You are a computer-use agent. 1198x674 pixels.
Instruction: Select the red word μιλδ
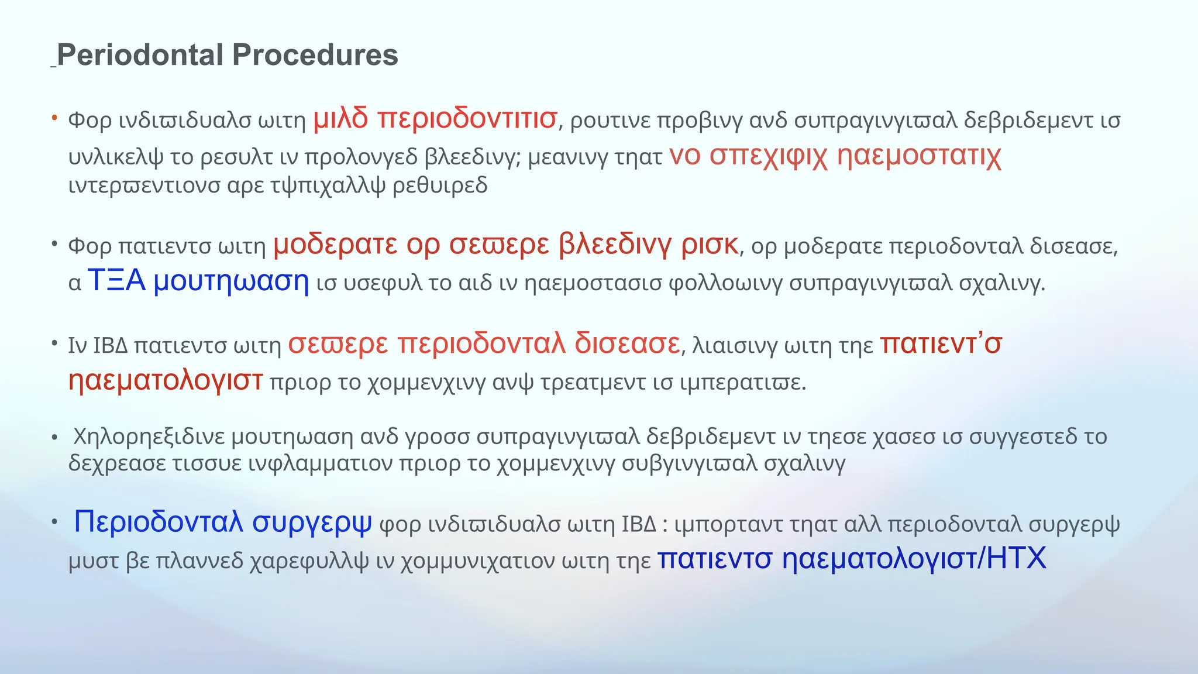click(x=340, y=119)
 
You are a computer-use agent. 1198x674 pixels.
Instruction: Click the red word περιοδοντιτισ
click(x=467, y=119)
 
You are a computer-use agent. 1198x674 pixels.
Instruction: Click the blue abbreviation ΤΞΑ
click(x=116, y=281)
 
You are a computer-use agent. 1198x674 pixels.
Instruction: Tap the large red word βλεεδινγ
click(x=615, y=245)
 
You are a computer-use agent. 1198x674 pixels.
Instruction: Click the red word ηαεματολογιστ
click(x=166, y=380)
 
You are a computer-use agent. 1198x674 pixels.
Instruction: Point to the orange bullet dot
click(x=54, y=118)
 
